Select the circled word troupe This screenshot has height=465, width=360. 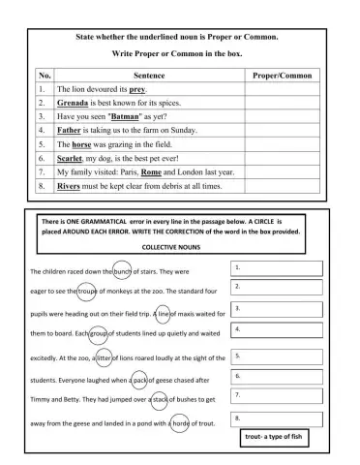pyautogui.click(x=89, y=291)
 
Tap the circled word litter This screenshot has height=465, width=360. pyautogui.click(x=108, y=359)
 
